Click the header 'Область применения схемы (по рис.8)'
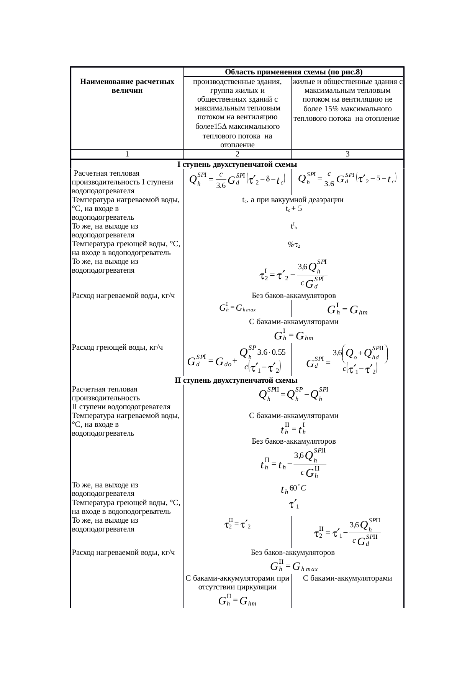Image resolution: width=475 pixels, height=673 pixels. click(294, 72)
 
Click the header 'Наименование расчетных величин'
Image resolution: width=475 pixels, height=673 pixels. click(127, 86)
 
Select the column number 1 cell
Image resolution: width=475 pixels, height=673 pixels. click(127, 154)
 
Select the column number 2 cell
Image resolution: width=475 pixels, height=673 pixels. click(237, 154)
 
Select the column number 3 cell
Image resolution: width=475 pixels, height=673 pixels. click(347, 154)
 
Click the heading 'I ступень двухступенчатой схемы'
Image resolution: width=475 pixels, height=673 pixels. click(237, 165)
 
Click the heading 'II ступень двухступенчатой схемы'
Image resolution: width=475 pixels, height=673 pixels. click(236, 380)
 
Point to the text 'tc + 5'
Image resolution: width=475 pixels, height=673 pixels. click(294, 209)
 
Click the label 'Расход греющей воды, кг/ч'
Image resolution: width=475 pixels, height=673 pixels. click(118, 347)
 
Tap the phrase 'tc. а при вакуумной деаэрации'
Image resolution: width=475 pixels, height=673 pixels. click(293, 200)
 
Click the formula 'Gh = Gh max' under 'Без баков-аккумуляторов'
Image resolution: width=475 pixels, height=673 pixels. click(294, 566)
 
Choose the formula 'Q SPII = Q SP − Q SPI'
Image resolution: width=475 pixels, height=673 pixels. click(294, 394)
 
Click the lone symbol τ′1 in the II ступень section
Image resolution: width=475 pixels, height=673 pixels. click(294, 505)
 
